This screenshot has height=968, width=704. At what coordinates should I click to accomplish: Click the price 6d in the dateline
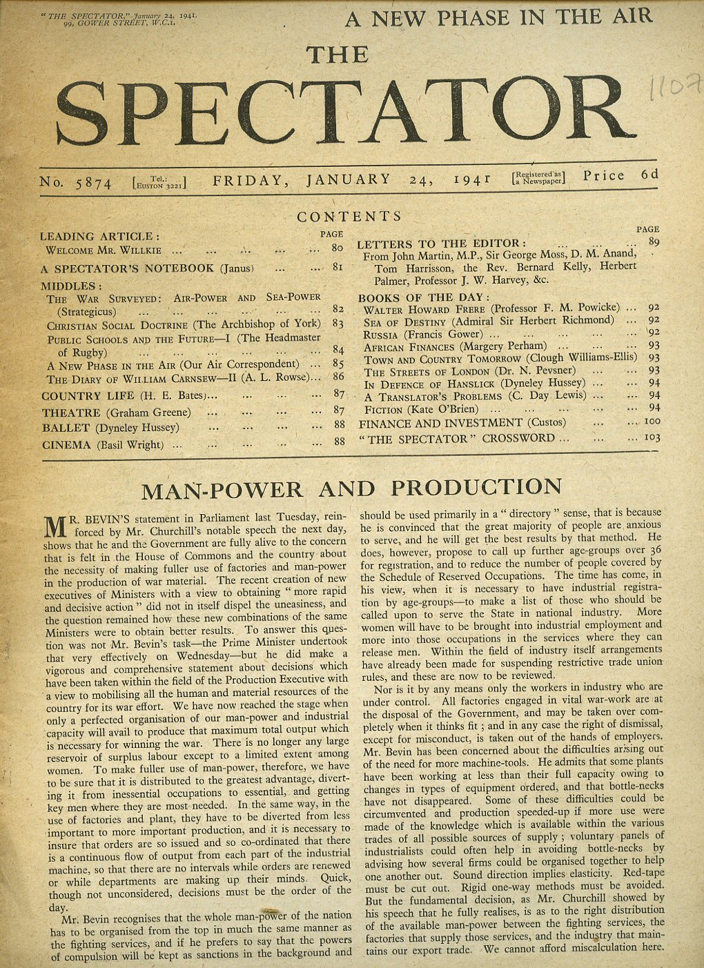point(649,175)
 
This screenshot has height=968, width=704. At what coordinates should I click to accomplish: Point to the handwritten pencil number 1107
point(675,90)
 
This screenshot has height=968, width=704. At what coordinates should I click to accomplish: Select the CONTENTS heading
point(349,217)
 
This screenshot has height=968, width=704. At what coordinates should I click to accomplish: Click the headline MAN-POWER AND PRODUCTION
point(351,488)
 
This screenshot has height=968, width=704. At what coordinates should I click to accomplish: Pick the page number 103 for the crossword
point(652,437)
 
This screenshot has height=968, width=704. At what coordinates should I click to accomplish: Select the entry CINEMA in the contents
point(67,445)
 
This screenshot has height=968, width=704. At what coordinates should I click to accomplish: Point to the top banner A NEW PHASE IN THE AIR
point(498,17)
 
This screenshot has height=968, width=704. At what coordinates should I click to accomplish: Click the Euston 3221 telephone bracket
point(159,183)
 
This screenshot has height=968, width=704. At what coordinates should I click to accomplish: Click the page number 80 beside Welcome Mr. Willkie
point(337,248)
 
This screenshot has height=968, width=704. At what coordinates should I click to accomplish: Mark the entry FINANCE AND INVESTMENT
point(440,423)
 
